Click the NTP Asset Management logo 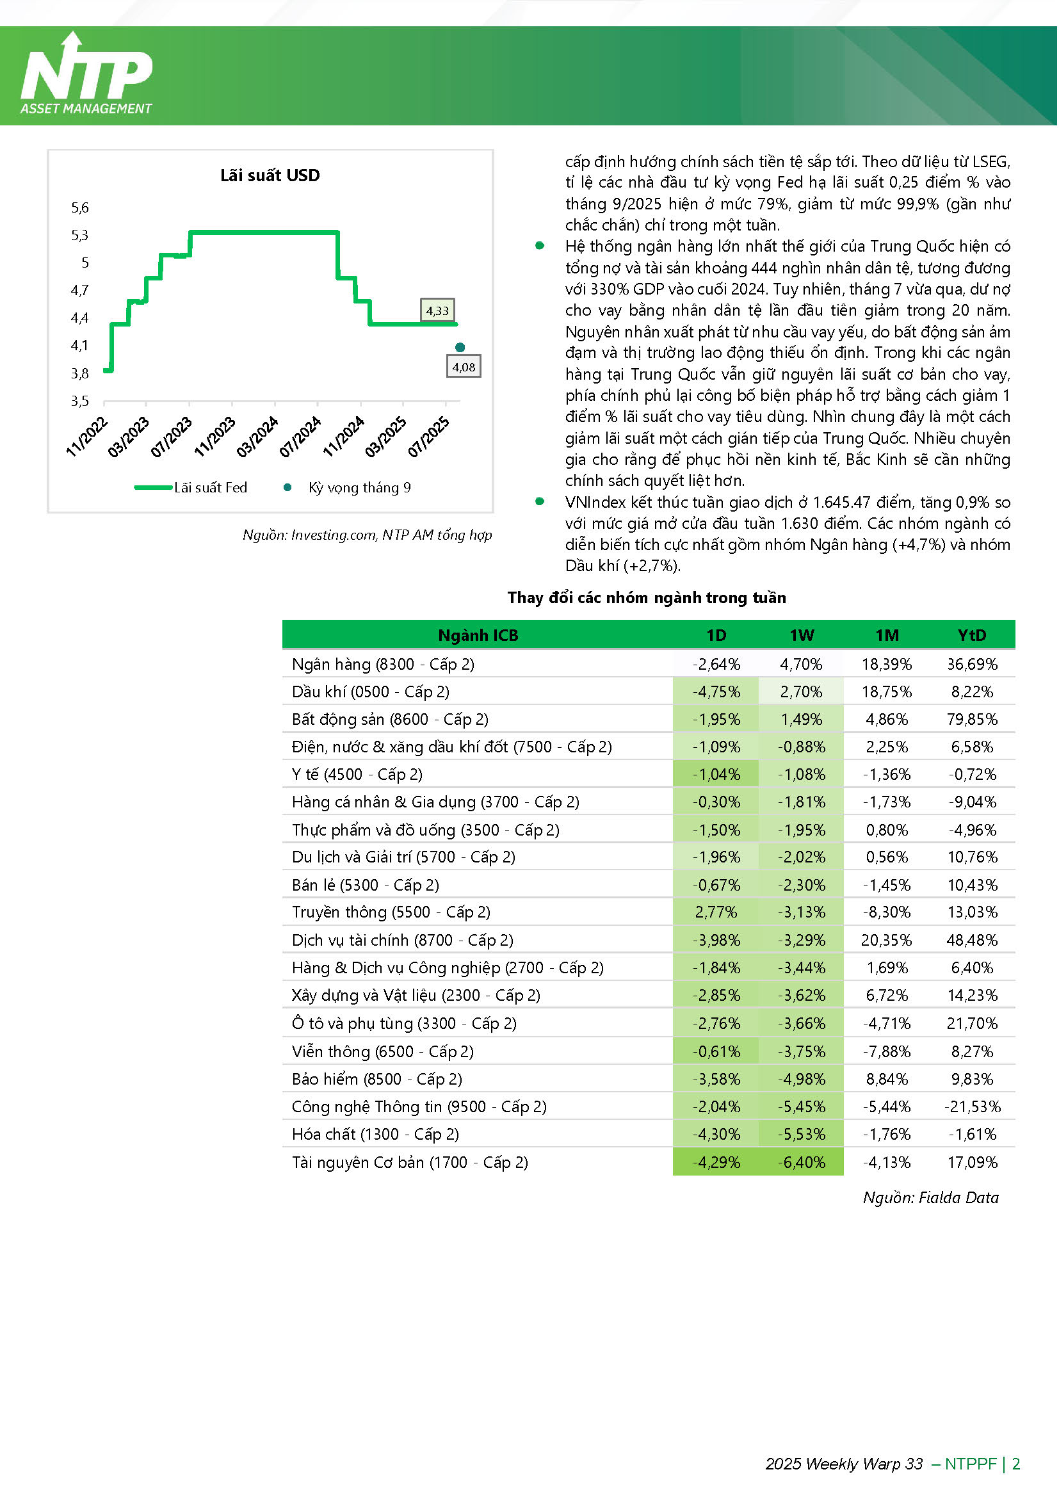click(x=86, y=74)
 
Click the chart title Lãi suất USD click(x=270, y=175)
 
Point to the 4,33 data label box click(x=437, y=311)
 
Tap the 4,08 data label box click(x=464, y=366)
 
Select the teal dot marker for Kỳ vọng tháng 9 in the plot click(x=460, y=348)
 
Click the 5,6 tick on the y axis click(x=80, y=208)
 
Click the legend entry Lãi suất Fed click(x=191, y=488)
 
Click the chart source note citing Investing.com click(x=367, y=535)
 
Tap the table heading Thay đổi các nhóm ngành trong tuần click(x=647, y=598)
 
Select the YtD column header click(x=973, y=636)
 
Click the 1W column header click(x=802, y=636)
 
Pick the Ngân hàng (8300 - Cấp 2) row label click(x=384, y=665)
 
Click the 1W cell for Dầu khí click(x=802, y=692)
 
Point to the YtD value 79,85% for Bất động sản click(x=973, y=720)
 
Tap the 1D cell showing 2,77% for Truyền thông click(x=716, y=912)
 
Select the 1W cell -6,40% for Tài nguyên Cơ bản click(x=802, y=1162)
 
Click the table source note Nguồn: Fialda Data click(x=931, y=1198)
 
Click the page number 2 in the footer click(x=1016, y=1464)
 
